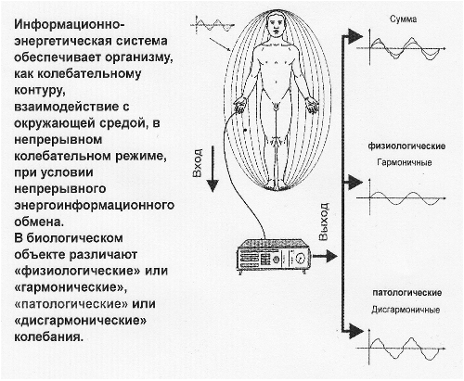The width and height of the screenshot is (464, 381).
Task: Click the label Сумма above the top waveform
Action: (x=403, y=19)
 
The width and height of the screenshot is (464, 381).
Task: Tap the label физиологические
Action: (x=406, y=146)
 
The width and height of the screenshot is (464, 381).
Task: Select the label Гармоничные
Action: (x=405, y=162)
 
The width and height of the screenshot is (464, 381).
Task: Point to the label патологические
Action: (x=406, y=293)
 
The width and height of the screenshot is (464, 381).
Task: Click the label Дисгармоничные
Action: (x=406, y=310)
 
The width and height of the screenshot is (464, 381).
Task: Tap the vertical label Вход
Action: (x=198, y=163)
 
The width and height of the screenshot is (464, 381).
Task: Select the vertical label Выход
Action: (x=323, y=222)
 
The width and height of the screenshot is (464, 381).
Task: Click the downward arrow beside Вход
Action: (x=213, y=170)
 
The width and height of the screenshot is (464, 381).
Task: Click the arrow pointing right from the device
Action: (x=325, y=256)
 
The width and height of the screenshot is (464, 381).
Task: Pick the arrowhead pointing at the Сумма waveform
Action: (x=355, y=36)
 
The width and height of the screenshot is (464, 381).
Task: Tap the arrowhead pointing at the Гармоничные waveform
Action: (x=355, y=183)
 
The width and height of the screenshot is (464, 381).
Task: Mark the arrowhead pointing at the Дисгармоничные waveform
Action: (x=355, y=331)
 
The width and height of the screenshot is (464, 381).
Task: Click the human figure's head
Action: (x=276, y=26)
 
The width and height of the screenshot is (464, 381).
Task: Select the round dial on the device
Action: (x=300, y=258)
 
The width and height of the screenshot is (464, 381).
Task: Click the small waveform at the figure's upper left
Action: (x=213, y=25)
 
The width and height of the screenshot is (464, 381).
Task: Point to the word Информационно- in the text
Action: (x=69, y=25)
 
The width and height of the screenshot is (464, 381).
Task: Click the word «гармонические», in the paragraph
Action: (x=71, y=287)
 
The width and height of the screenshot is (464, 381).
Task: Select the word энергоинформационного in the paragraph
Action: (x=95, y=205)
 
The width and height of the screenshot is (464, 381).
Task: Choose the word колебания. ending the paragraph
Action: (x=49, y=337)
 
